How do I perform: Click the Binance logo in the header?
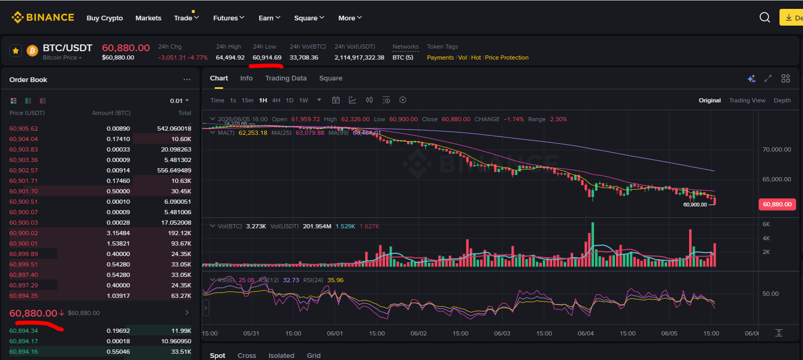[x=43, y=17]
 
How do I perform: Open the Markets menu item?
[x=148, y=18]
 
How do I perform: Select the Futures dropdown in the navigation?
[x=228, y=18]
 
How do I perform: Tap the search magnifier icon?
[x=765, y=17]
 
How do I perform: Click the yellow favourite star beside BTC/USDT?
[x=16, y=51]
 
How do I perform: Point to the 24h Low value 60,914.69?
[x=267, y=57]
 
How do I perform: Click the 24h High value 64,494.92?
[x=230, y=57]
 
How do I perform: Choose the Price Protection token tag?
[x=507, y=57]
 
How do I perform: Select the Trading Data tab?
[x=286, y=78]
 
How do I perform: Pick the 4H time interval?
[x=276, y=100]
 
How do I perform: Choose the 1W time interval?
[x=304, y=100]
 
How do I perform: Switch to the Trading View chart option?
[x=747, y=100]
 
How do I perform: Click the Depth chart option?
[x=782, y=100]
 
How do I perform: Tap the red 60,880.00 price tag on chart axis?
[x=777, y=204]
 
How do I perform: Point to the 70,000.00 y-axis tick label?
[x=777, y=149]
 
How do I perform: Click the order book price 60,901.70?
[x=24, y=191]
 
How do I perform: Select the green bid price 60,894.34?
[x=24, y=331]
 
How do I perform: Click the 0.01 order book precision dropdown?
[x=179, y=101]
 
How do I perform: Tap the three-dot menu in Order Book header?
[x=187, y=79]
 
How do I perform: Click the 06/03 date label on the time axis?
[x=502, y=333]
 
